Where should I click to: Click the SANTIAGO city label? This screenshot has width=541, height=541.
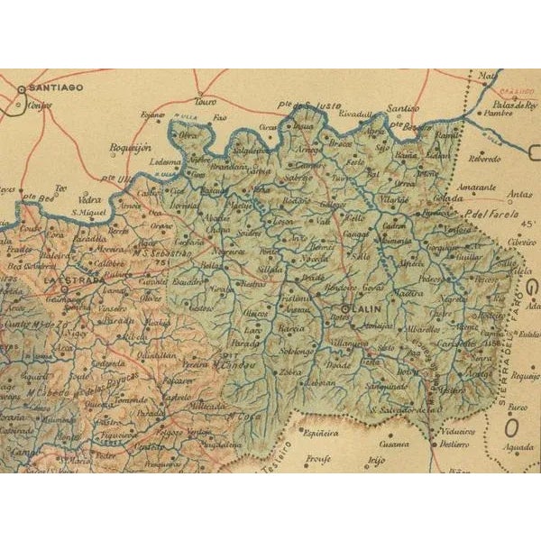tap(56, 87)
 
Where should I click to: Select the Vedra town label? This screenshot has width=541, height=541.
tap(91, 200)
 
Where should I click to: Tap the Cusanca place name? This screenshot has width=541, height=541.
tap(394, 444)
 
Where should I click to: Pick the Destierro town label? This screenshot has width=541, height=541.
tap(456, 444)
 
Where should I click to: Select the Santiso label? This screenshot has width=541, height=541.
tap(401, 109)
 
